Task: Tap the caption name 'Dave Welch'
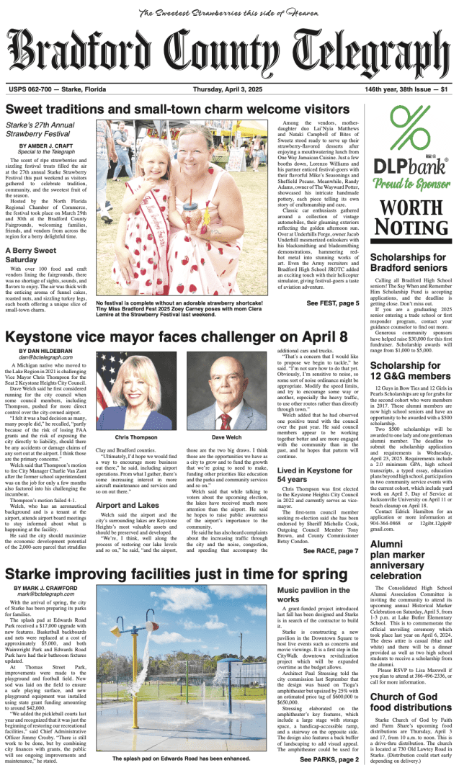(227, 437)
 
